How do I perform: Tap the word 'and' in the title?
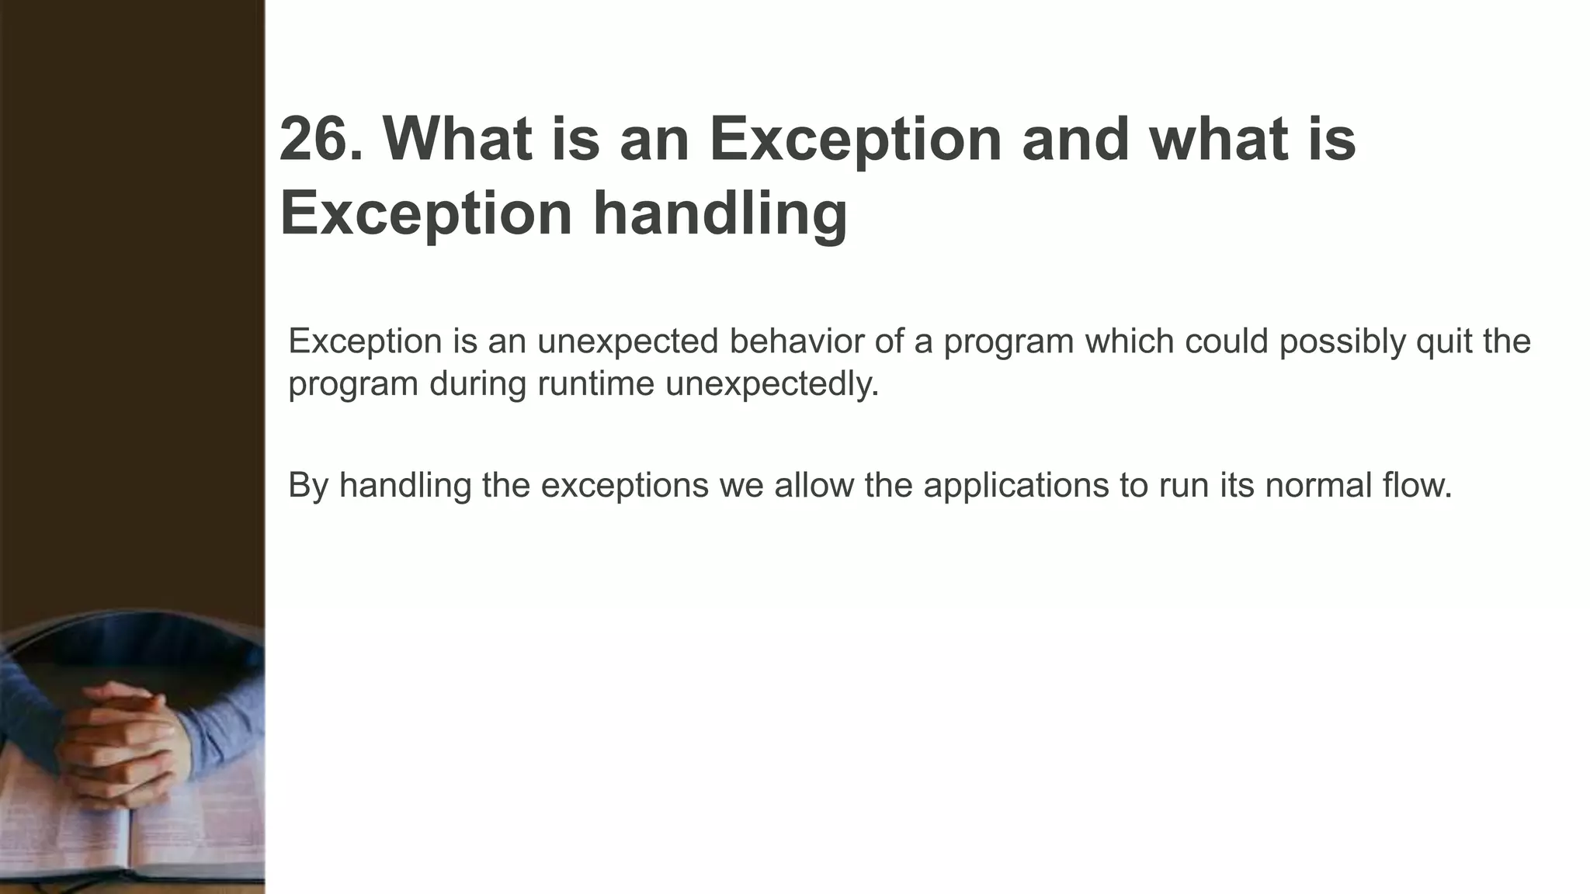pyautogui.click(x=1074, y=140)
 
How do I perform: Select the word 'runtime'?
pyautogui.click(x=596, y=383)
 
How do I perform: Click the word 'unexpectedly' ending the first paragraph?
pyautogui.click(x=772, y=383)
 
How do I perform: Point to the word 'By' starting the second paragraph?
pyautogui.click(x=308, y=486)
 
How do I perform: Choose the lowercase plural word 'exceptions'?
pyautogui.click(x=624, y=486)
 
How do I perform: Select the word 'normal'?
pyautogui.click(x=1319, y=486)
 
